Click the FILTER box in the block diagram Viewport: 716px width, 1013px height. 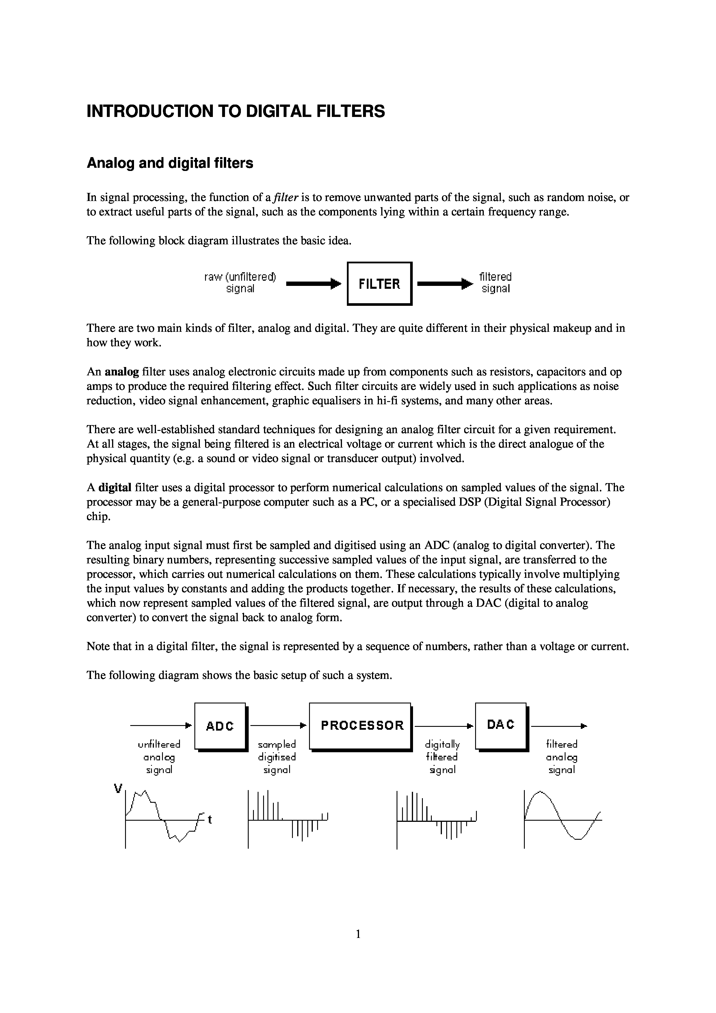pos(380,284)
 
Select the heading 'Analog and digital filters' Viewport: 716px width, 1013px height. pos(170,163)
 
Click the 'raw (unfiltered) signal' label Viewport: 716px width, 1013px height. pos(240,283)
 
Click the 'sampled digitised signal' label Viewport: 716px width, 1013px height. pos(277,757)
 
